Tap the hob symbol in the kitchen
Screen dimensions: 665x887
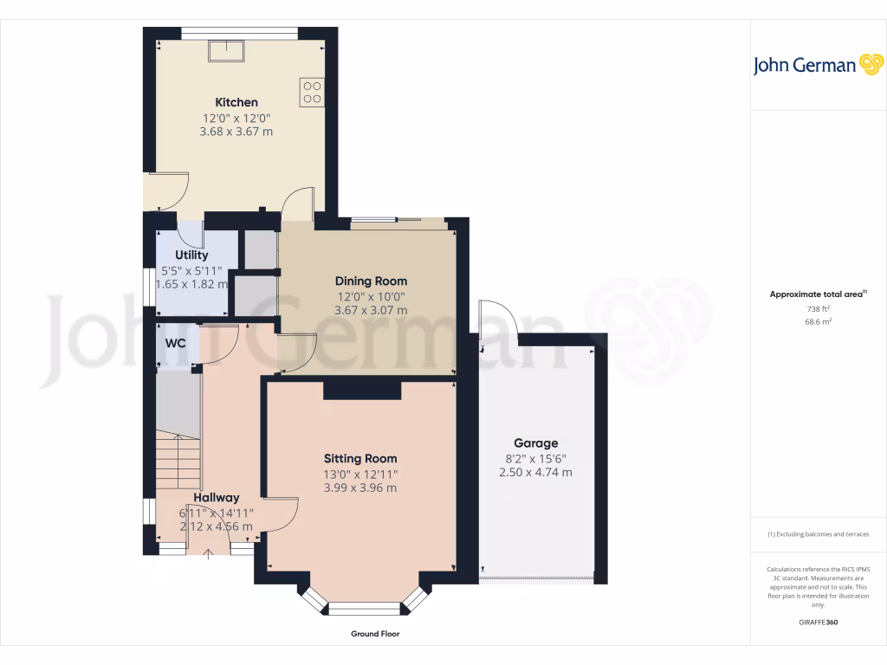coord(312,93)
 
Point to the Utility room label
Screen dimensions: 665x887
coord(191,255)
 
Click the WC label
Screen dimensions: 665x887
coord(176,343)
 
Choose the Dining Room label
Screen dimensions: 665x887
coord(371,281)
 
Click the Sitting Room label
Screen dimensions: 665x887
coord(360,458)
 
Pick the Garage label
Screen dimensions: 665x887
coord(535,442)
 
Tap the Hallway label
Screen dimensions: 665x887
coord(216,497)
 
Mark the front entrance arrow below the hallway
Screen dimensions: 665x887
coord(208,554)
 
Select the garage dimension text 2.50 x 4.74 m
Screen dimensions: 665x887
coord(535,472)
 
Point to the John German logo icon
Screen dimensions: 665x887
coord(870,65)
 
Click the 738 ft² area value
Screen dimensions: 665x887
coord(818,308)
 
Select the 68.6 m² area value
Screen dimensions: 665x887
coord(818,321)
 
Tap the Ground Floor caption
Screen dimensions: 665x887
coord(375,634)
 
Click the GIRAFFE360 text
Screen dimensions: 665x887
coord(818,622)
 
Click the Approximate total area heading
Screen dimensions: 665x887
coord(817,294)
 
